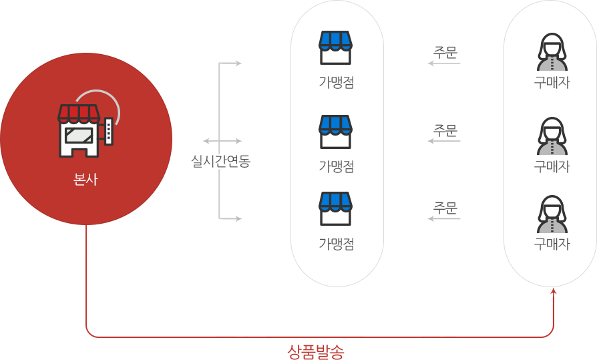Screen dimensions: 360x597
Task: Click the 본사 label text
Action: (x=85, y=179)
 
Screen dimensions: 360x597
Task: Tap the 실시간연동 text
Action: (x=220, y=161)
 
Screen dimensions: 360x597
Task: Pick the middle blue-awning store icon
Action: (x=335, y=131)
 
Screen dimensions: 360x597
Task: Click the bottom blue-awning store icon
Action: (x=335, y=208)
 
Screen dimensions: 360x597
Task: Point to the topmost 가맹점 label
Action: (x=336, y=83)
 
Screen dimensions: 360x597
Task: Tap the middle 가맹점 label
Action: (x=336, y=166)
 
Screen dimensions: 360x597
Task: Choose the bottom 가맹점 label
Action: (x=336, y=244)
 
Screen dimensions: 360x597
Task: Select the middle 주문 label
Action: (x=444, y=131)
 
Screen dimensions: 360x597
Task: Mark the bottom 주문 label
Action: (x=444, y=208)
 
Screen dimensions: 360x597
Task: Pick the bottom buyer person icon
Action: (x=552, y=213)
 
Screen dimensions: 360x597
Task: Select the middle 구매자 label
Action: (x=552, y=166)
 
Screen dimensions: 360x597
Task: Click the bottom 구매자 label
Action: (x=552, y=244)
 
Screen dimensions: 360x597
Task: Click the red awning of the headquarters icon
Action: (x=79, y=113)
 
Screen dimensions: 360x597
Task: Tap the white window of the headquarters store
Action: (x=79, y=135)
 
